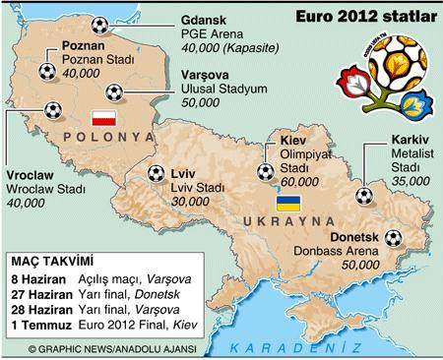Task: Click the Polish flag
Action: [103, 117]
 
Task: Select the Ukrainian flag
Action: [287, 205]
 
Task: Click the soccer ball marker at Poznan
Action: [46, 71]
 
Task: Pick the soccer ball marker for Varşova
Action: [116, 92]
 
